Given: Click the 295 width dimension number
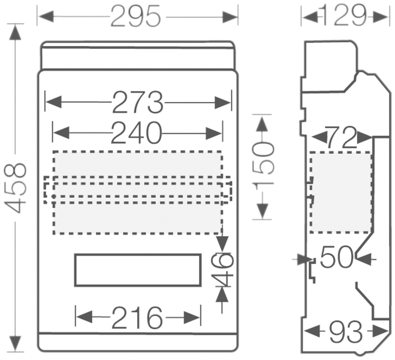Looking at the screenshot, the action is pos(135,17).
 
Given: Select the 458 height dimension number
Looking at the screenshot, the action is pos(15,188).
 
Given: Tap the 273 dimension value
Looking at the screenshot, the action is pos(138,102).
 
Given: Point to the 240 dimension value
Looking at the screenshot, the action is pos(136,133).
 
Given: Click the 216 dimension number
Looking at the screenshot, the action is pos(137,317).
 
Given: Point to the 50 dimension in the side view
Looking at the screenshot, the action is pos(337,257).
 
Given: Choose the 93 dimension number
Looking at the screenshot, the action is pos(346,332).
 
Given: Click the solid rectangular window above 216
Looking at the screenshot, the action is pos(138,254).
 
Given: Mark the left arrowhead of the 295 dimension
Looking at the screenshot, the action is pos(46,17).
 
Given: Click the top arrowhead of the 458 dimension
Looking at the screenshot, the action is pos(15,32).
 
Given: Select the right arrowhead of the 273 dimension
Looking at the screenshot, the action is pos(223,102).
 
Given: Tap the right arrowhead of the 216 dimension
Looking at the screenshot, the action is pos(192,317).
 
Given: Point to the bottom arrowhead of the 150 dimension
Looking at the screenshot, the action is pos(263,211).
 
